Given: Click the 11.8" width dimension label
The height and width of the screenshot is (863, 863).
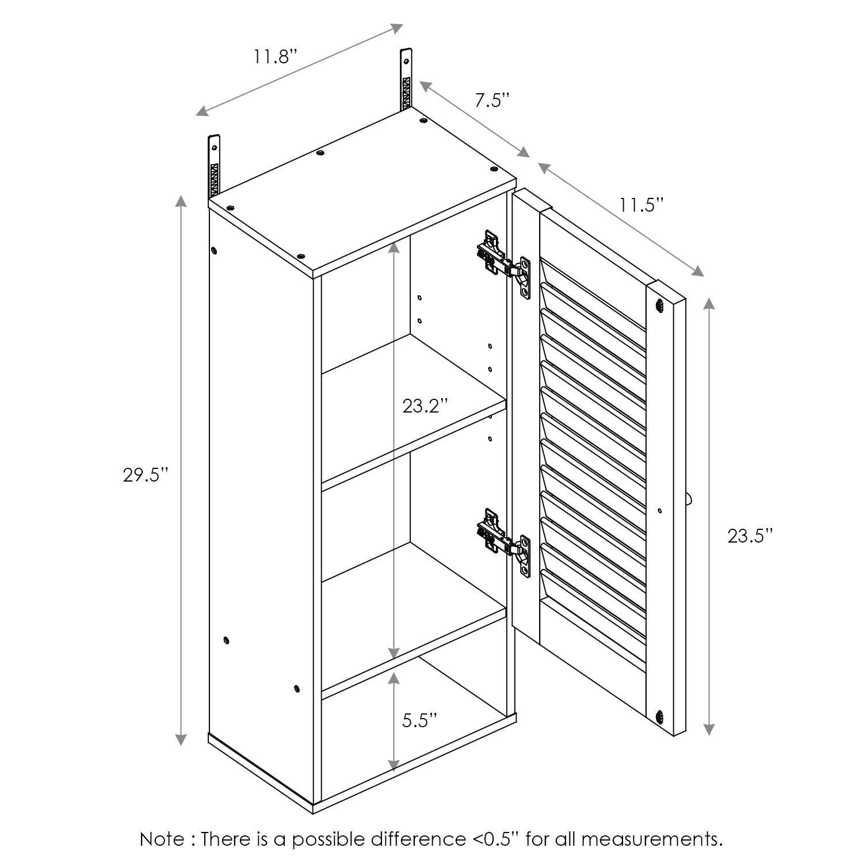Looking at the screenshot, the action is click(x=275, y=57).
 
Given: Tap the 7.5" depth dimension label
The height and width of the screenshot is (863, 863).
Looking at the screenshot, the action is click(x=492, y=101).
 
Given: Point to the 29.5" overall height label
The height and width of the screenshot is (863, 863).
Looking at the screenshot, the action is click(x=146, y=475).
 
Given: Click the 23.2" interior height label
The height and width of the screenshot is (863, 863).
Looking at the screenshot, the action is click(x=425, y=406).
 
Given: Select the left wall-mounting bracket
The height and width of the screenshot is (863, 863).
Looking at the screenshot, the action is click(x=214, y=167).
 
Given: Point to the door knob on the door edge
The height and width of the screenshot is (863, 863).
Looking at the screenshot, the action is click(x=690, y=499).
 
